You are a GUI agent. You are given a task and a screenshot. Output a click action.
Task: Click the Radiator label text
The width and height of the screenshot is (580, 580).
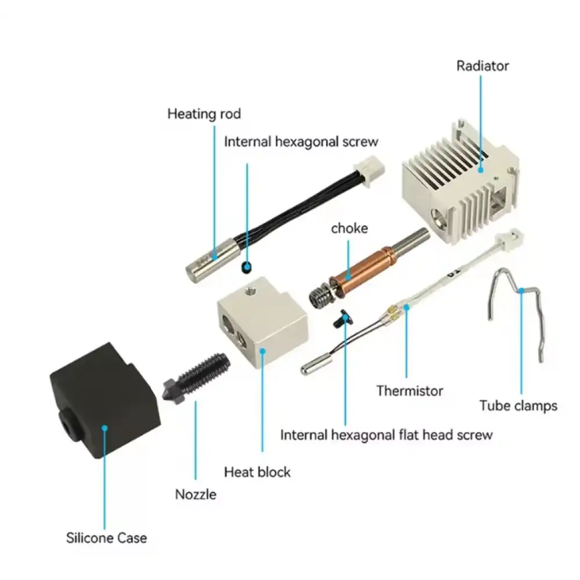pyautogui.click(x=483, y=66)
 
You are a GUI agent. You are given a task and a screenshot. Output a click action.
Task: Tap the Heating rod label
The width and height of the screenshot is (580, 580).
pyautogui.click(x=204, y=114)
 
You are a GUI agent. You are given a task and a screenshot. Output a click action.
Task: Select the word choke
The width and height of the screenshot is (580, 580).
pyautogui.click(x=349, y=228)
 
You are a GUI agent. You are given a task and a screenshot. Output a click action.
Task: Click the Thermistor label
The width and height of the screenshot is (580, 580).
pyautogui.click(x=409, y=390)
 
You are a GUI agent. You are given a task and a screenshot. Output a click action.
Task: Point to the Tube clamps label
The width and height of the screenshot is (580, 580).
pyautogui.click(x=518, y=406)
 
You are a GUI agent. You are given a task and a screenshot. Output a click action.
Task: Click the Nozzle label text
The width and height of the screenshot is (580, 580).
pyautogui.click(x=195, y=494)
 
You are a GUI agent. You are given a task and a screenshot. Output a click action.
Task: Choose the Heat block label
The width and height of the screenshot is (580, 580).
pyautogui.click(x=257, y=472)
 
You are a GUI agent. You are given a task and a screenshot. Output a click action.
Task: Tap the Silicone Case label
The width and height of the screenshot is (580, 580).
pyautogui.click(x=107, y=538)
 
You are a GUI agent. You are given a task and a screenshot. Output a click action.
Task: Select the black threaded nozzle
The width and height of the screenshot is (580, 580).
pyautogui.click(x=196, y=378)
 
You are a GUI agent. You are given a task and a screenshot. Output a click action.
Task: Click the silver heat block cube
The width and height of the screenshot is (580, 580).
pyautogui.click(x=263, y=322)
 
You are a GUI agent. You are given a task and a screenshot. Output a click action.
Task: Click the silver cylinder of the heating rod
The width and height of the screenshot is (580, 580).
pyautogui.click(x=211, y=261)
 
